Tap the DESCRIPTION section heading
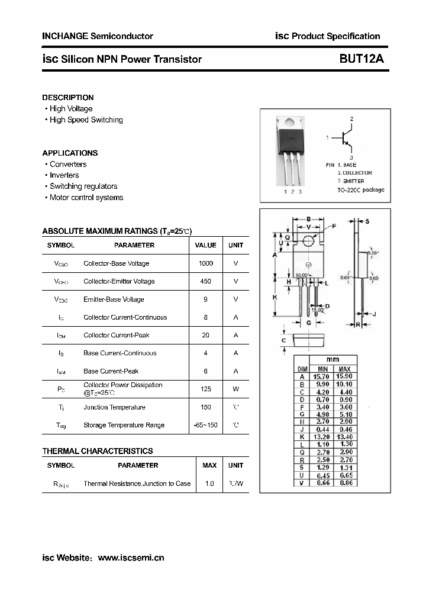(68, 98)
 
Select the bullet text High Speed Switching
(86, 120)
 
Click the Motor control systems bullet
(86, 198)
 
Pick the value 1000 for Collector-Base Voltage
(206, 263)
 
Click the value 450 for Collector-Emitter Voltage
(206, 281)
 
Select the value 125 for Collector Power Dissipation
(206, 389)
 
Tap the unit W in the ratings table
(235, 389)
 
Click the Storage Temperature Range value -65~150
(206, 425)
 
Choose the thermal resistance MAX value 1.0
(209, 484)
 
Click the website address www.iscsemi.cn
(131, 558)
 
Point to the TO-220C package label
(361, 190)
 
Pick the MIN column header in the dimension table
(322, 369)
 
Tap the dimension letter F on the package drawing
(334, 226)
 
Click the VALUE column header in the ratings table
(206, 245)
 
